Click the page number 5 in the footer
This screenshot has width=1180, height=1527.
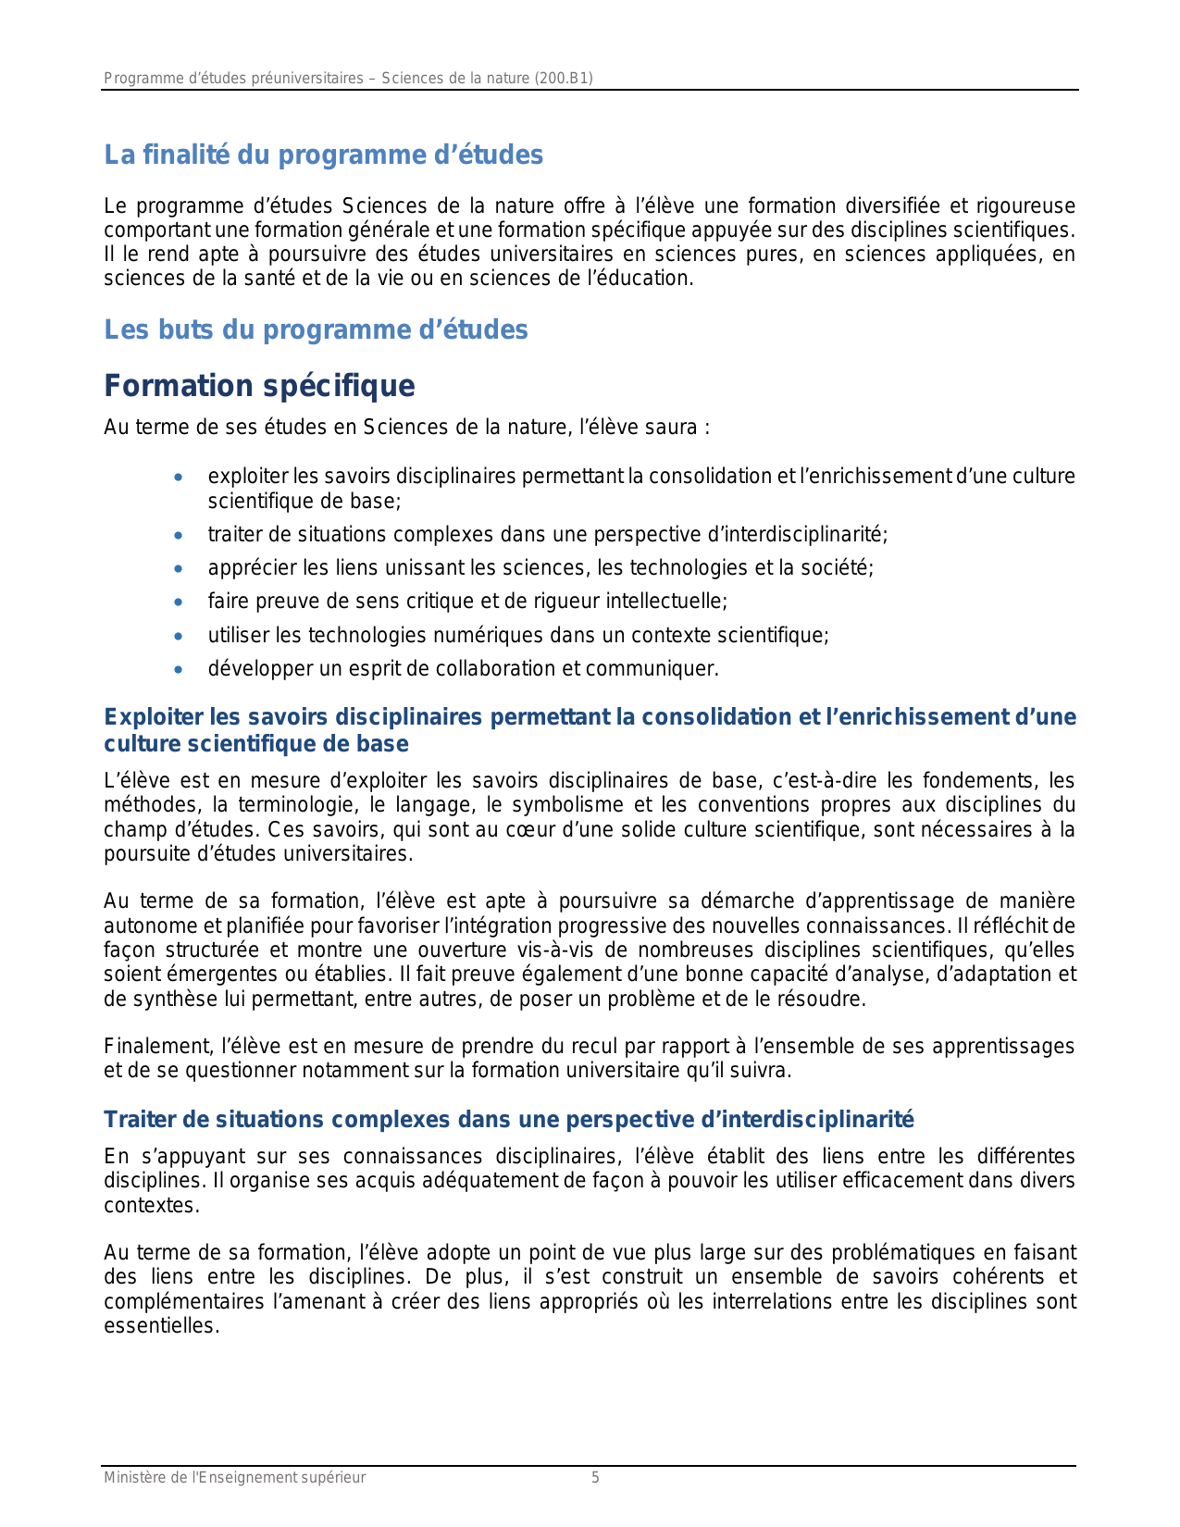[x=595, y=1478]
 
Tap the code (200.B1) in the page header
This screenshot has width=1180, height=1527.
[x=564, y=79]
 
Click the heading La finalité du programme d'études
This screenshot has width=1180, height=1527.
[x=323, y=155]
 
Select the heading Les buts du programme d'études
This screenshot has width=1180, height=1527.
[x=316, y=329]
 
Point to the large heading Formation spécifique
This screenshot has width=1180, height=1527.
[x=259, y=386]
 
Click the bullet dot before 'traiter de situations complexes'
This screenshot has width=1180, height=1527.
[x=179, y=535]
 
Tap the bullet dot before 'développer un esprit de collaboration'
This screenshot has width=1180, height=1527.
[x=179, y=669]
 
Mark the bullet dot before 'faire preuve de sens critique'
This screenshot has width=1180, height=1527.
[x=179, y=602]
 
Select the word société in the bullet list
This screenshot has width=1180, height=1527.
[x=838, y=568]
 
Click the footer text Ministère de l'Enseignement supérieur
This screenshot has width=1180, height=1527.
[x=234, y=1478]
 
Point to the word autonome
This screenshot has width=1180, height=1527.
[x=145, y=926]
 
